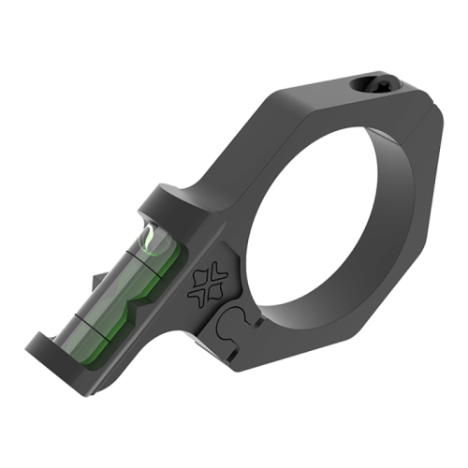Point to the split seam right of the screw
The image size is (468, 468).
point(413,97)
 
